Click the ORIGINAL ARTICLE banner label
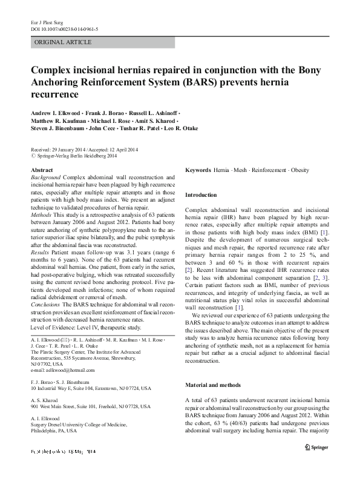point(64,42)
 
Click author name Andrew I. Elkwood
point(57,114)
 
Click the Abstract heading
point(42,171)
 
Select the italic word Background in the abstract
point(46,177)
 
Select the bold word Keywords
point(198,171)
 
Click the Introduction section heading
point(200,195)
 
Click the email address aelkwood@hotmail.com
point(67,370)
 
